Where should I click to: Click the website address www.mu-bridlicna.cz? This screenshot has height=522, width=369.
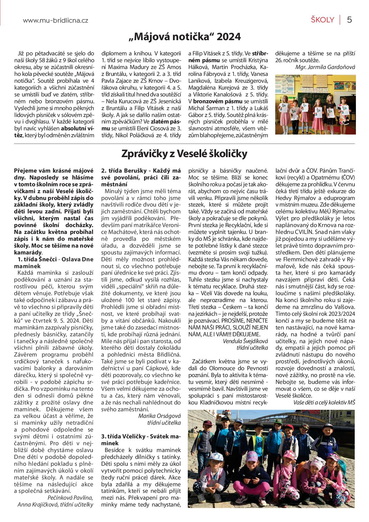coord(55,21)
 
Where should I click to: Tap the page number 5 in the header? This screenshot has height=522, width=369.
coord(349,20)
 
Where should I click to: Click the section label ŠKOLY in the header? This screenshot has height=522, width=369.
coord(323,20)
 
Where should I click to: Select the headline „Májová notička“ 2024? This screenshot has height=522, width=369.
coord(185,37)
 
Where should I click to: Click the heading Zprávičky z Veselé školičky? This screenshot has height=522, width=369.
coord(185,154)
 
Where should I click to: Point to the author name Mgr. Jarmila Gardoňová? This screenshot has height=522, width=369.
coord(325,67)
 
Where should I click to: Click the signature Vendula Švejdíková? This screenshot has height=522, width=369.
coord(245,341)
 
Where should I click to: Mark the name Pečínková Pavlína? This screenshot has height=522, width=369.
coord(70,498)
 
